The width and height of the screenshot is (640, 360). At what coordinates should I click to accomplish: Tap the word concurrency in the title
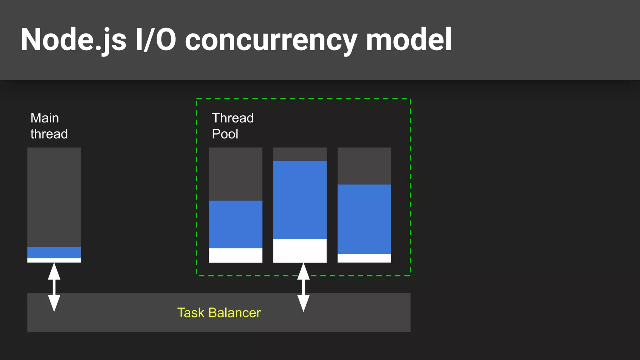pyautogui.click(x=271, y=40)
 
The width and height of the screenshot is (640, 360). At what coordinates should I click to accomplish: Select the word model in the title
pyautogui.click(x=408, y=40)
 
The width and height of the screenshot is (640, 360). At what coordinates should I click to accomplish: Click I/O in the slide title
pyautogui.click(x=156, y=40)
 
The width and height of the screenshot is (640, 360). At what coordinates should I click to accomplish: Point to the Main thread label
pyautogui.click(x=49, y=126)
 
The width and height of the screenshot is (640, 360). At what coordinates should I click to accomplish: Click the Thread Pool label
pyautogui.click(x=232, y=126)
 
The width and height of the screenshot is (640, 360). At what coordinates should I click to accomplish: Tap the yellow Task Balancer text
pyautogui.click(x=219, y=312)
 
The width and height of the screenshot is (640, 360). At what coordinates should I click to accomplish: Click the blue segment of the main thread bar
pyautogui.click(x=54, y=252)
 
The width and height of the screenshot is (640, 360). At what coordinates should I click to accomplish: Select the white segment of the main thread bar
pyautogui.click(x=54, y=260)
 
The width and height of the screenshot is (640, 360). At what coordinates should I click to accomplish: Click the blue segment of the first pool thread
pyautogui.click(x=236, y=224)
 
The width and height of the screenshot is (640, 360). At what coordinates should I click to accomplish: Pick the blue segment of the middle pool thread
pyautogui.click(x=300, y=200)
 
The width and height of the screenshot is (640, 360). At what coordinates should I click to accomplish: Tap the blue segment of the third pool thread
pyautogui.click(x=364, y=219)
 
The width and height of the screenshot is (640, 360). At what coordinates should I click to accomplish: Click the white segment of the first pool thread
pyautogui.click(x=236, y=255)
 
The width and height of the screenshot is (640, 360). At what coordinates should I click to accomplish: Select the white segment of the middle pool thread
pyautogui.click(x=300, y=251)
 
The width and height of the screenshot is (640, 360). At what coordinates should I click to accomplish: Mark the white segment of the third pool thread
pyautogui.click(x=364, y=258)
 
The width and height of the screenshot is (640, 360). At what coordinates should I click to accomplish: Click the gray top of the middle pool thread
pyautogui.click(x=300, y=154)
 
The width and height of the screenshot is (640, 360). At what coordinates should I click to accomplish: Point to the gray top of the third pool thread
pyautogui.click(x=364, y=166)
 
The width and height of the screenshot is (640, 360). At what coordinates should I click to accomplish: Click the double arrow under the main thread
pyautogui.click(x=54, y=287)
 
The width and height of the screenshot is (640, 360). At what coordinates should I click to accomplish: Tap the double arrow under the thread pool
pyautogui.click(x=303, y=287)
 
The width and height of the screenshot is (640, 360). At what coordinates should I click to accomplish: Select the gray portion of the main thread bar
pyautogui.click(x=54, y=197)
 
